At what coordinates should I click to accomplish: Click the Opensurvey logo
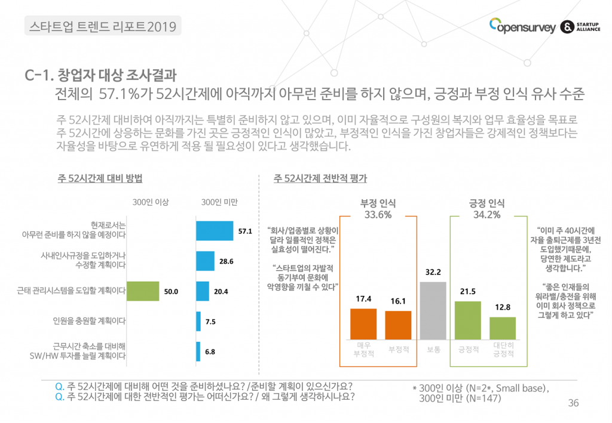522,27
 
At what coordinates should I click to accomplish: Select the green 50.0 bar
143,291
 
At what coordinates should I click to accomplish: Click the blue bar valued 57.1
215,231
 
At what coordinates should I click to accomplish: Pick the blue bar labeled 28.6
205,261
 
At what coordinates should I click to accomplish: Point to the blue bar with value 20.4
203,291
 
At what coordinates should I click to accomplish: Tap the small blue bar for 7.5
198,321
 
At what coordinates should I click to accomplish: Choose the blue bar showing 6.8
198,351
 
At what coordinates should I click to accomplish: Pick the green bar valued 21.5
468,320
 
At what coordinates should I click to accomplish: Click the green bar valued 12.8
503,328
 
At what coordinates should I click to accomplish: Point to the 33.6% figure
378,215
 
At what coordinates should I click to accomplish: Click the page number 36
573,403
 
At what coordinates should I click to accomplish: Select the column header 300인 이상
151,202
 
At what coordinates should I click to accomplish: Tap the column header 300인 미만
219,202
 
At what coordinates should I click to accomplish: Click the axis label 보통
433,349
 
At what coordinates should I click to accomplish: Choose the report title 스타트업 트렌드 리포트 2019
103,26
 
